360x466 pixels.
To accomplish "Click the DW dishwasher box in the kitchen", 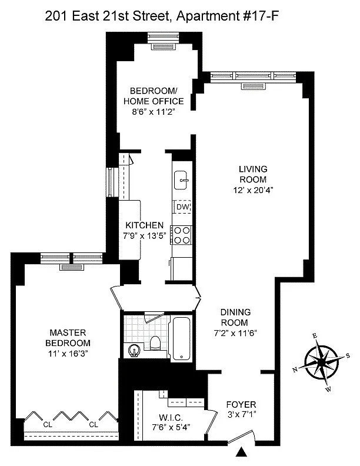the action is coord(182,207).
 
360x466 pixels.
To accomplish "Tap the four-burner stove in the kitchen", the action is coord(182,235).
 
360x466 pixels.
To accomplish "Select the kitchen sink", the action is coord(181,180).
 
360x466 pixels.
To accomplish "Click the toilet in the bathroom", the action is coord(155,342).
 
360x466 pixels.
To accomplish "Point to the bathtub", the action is coord(182,339).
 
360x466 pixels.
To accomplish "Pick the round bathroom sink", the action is coord(134,351).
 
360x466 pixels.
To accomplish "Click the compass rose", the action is coord(321,362).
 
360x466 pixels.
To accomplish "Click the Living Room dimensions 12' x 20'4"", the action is coord(253,190).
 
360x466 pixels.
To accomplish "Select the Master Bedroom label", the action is coord(68,338).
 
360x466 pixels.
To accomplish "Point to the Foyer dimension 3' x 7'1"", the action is coord(242,414).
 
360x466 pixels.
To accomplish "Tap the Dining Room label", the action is coord(235,317).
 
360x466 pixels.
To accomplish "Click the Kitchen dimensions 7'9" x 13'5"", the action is coord(144,236).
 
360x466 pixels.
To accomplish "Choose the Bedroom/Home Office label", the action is coord(154,96).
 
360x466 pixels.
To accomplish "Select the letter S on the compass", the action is coord(348,355).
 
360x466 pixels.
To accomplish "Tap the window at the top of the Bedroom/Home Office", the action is coord(164,37).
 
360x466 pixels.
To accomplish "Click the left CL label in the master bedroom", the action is coord(48,425).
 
